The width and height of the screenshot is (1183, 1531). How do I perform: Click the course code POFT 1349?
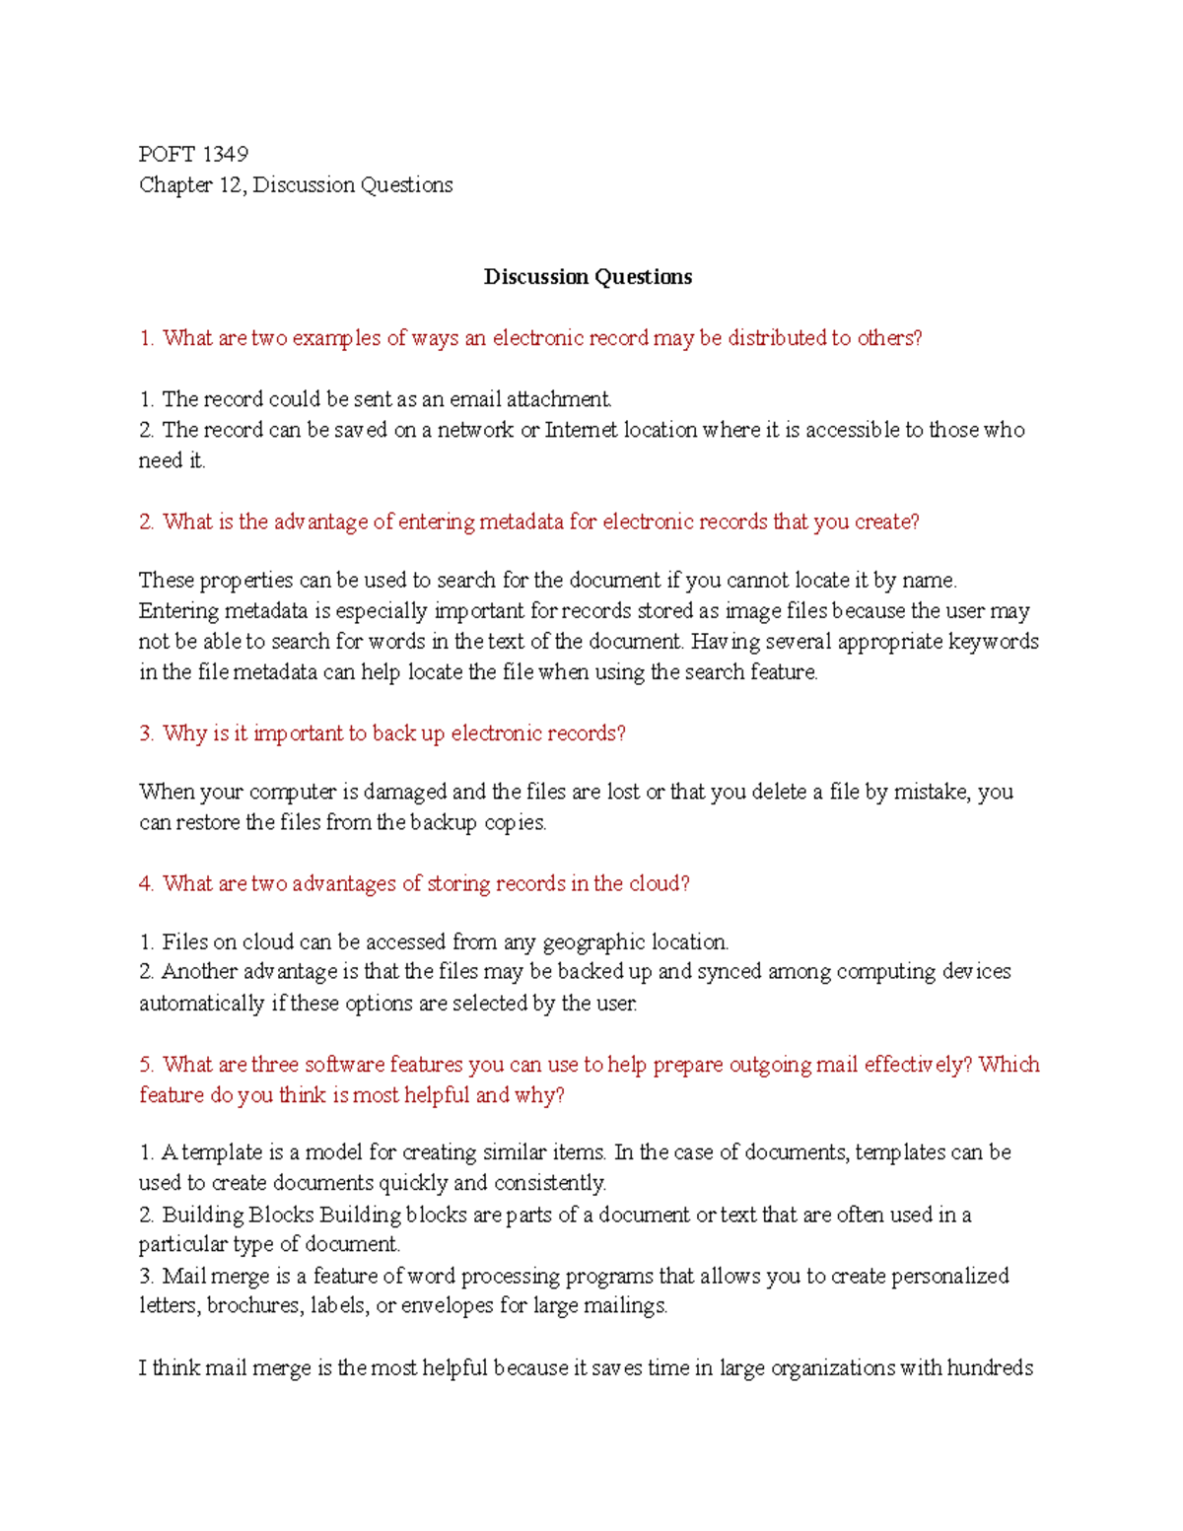pyautogui.click(x=193, y=154)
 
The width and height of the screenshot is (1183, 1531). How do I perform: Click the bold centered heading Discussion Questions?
pyautogui.click(x=588, y=277)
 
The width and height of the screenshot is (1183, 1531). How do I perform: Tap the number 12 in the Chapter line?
pyautogui.click(x=231, y=185)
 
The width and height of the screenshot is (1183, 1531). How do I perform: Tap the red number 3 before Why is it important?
pyautogui.click(x=146, y=733)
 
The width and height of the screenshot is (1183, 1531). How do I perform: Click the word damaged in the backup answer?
pyautogui.click(x=405, y=792)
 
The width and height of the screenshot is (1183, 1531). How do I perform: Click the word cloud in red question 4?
pyautogui.click(x=654, y=883)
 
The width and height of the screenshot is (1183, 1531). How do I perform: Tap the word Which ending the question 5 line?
pyautogui.click(x=1009, y=1065)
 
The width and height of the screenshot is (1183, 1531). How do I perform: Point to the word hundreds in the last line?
pyautogui.click(x=990, y=1368)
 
